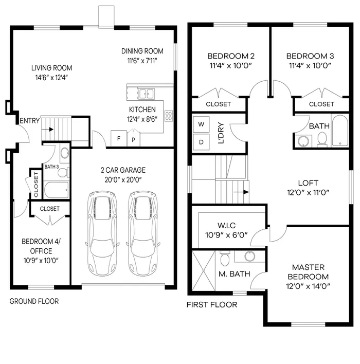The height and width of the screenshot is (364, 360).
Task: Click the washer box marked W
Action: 201,124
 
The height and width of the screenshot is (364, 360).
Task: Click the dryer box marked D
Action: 201,141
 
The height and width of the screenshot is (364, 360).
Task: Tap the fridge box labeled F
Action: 119,138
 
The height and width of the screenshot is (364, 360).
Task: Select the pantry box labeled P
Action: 134,139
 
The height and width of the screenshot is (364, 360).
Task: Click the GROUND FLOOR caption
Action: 34,301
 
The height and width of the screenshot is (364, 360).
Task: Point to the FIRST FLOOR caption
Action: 212,305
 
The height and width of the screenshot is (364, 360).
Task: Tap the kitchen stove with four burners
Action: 168,115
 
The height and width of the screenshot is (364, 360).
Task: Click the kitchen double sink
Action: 147,94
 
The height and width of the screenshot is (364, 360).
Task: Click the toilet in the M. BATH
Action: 224,257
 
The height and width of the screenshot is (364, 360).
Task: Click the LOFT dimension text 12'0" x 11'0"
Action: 308,193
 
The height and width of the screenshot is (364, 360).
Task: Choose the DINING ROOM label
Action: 142,51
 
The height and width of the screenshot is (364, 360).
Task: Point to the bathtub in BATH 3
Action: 56,190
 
